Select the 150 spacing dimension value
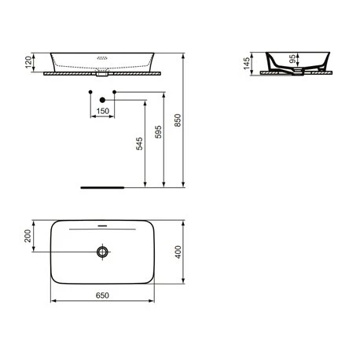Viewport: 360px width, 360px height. pos(103,112)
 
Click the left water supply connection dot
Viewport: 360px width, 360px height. pos(92,94)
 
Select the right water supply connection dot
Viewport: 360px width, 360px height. pos(115,94)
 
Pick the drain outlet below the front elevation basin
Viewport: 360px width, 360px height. pos(102,77)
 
